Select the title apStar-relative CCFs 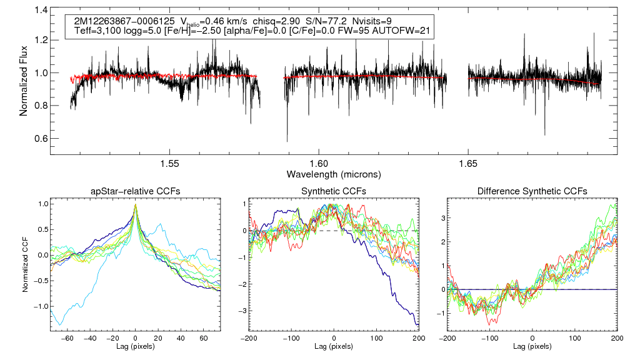pos(136,191)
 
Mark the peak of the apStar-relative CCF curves pos(136,205)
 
